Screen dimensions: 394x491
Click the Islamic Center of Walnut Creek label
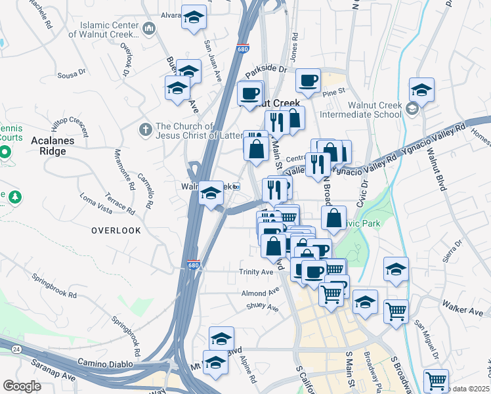pyautogui.click(x=110, y=30)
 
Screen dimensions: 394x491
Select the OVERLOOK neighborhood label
pyautogui.click(x=116, y=230)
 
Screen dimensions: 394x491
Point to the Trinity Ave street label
pyautogui.click(x=256, y=272)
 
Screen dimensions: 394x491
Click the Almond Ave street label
pyautogui.click(x=260, y=294)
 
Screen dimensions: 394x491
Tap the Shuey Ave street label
pyautogui.click(x=262, y=307)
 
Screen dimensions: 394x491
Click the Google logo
pyautogui.click(x=22, y=386)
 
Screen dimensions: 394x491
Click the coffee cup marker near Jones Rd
pyautogui.click(x=307, y=81)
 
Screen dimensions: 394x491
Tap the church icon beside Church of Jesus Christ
pyautogui.click(x=146, y=127)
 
